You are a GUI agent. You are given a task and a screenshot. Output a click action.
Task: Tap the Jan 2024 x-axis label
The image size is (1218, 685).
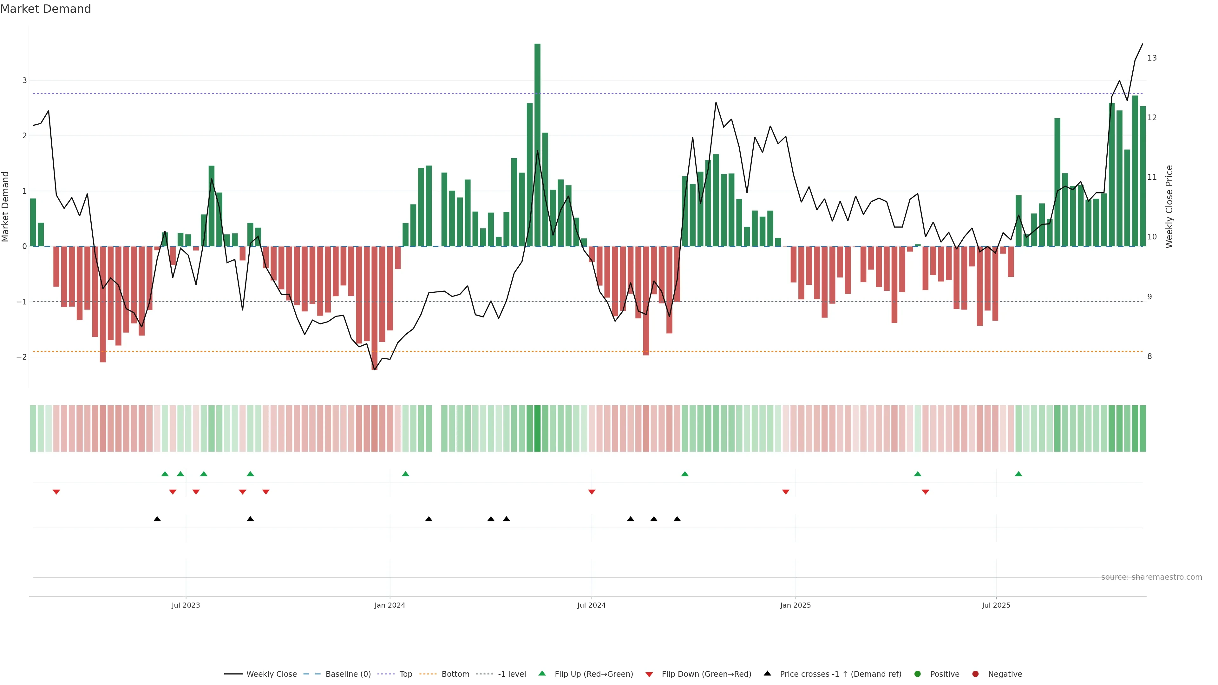pos(390,605)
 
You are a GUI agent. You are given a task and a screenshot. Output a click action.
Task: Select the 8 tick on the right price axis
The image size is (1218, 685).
pos(1149,356)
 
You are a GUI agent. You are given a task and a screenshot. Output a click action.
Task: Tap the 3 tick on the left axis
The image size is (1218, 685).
pos(25,80)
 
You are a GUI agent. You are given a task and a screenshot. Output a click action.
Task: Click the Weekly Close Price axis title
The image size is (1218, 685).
pos(1169,206)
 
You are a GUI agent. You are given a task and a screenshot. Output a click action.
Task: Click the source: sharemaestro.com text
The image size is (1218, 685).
pos(1151,577)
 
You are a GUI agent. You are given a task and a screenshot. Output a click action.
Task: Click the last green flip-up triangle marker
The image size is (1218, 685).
pos(1018,474)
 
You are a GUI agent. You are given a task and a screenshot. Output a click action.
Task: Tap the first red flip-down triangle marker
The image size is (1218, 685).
pos(56,492)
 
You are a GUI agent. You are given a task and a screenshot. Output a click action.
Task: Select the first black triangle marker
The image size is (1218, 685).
pos(157,519)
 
